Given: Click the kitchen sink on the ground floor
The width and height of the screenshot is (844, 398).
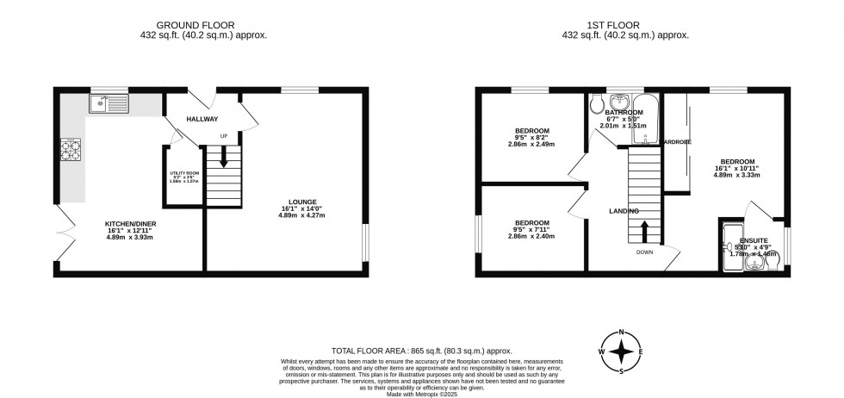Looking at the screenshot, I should [x=108, y=105].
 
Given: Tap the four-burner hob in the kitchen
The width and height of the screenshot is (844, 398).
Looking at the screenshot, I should [x=68, y=152].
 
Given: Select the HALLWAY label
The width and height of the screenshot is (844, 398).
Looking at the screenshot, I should [x=202, y=119].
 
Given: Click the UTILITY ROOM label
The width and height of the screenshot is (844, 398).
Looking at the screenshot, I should [x=183, y=175].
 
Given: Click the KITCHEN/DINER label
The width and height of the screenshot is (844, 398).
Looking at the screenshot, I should [x=130, y=224].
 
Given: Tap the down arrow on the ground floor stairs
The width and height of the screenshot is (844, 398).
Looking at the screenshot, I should [x=223, y=159].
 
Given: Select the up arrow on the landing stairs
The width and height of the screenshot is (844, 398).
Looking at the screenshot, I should [x=644, y=231].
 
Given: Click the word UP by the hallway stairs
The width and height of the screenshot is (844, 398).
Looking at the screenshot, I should [x=224, y=136].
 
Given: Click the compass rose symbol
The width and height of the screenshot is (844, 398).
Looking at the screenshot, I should [x=622, y=352].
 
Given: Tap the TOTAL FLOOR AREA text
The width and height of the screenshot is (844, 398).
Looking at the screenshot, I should [x=422, y=351].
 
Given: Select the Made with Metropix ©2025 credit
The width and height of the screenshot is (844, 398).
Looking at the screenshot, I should [x=422, y=394].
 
